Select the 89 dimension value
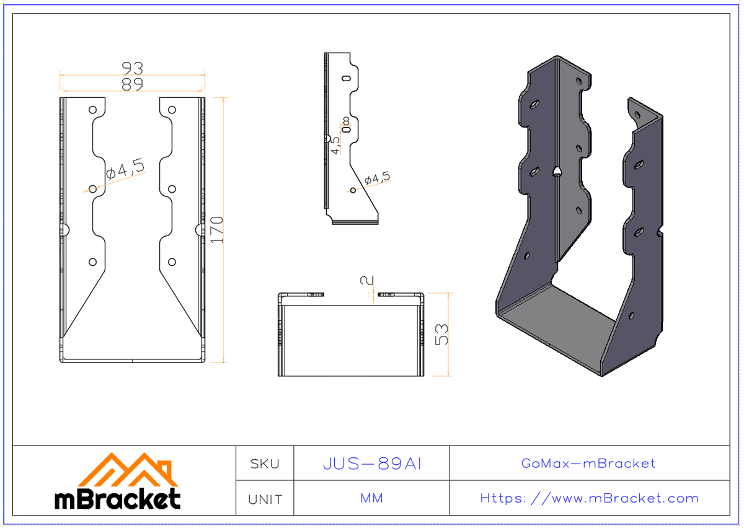click(132, 84)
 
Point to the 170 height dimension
click(216, 229)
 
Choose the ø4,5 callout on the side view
click(378, 178)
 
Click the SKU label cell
click(265, 464)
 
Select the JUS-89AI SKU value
click(372, 464)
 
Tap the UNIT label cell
click(265, 499)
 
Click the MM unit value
click(371, 498)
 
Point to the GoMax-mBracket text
click(588, 464)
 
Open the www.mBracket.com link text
click(589, 498)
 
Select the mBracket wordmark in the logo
click(118, 499)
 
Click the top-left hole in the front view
click(93, 110)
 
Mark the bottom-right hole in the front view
click(172, 262)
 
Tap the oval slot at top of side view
click(346, 79)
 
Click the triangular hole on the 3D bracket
click(558, 172)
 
